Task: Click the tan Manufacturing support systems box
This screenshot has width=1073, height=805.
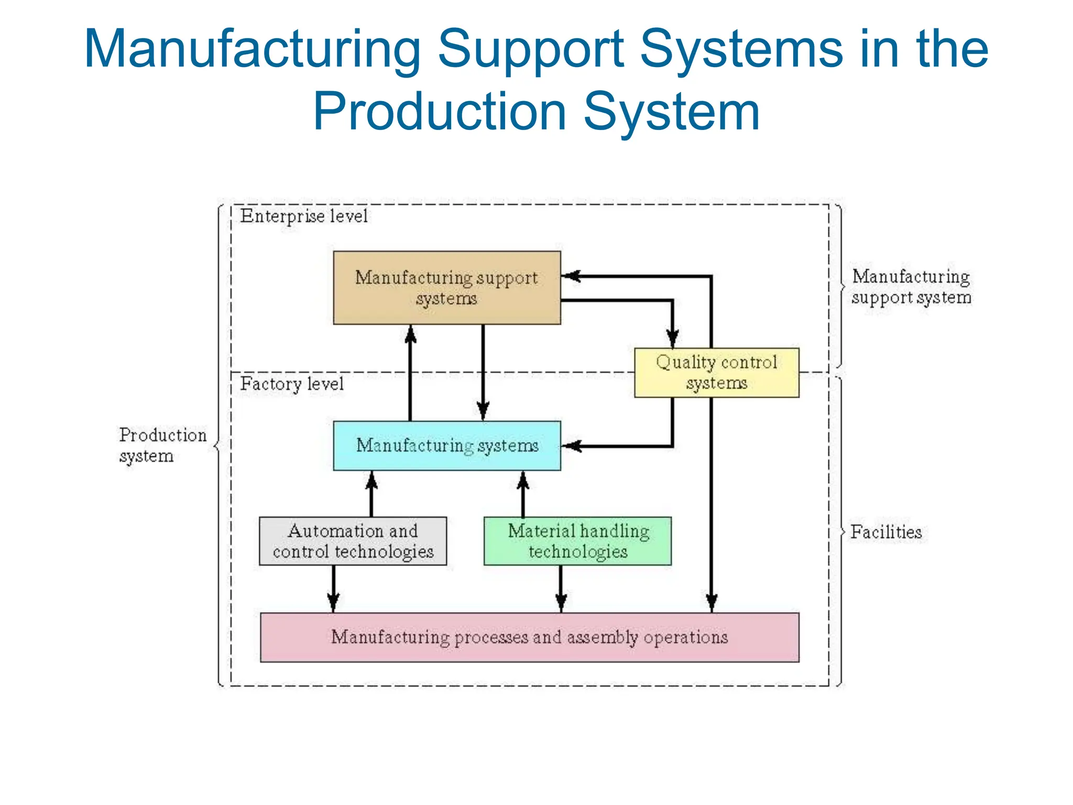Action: [x=446, y=288]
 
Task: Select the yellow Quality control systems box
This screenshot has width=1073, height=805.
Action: [x=716, y=373]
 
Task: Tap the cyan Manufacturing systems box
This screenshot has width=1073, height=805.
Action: [x=446, y=445]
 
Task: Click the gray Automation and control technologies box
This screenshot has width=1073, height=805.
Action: [x=353, y=541]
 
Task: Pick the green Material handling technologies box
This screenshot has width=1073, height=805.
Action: [x=577, y=541]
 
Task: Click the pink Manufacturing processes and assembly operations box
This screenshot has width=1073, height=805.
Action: [x=529, y=637]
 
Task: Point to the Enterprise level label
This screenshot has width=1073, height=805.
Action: [x=304, y=216]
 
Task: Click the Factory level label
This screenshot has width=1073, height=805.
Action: [x=292, y=384]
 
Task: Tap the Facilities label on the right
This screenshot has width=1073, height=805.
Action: [x=885, y=532]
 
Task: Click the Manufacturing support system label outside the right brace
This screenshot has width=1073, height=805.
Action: [x=911, y=287]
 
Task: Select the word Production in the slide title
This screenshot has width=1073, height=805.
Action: [x=440, y=112]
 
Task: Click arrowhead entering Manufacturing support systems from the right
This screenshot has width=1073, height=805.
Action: [x=571, y=276]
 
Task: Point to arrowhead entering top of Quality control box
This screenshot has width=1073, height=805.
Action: [x=672, y=339]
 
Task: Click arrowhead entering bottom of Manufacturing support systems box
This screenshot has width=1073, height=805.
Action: [x=410, y=334]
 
